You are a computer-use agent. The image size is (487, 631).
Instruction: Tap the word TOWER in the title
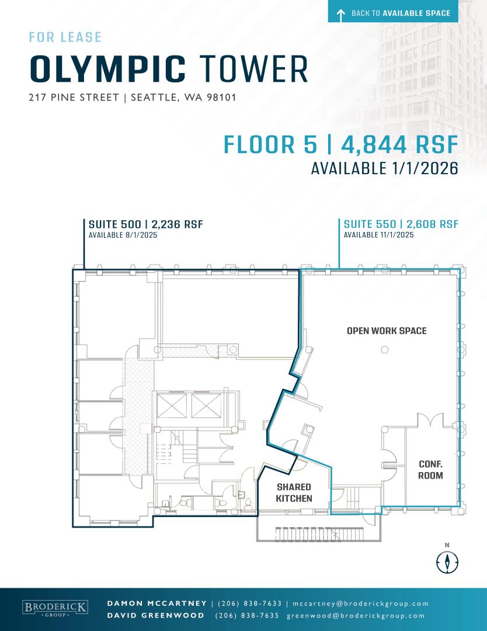254,70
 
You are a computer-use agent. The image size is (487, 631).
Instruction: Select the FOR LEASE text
65,37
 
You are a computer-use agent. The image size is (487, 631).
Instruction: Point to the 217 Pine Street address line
133,98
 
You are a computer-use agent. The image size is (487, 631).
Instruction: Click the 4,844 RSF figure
400,145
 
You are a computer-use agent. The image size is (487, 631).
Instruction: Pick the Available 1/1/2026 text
385,168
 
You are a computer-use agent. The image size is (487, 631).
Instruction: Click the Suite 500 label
145,224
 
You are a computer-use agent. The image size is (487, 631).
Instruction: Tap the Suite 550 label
401,224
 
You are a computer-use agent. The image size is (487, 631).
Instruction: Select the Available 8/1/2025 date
123,235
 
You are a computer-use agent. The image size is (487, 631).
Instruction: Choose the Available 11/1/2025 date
378,235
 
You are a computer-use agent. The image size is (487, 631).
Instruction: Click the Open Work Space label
387,331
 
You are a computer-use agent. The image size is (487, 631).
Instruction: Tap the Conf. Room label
430,470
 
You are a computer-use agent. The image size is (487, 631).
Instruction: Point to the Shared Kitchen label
294,493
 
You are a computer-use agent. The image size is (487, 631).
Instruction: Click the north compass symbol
447,561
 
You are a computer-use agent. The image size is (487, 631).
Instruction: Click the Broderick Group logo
55,608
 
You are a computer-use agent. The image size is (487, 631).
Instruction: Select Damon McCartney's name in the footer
157,604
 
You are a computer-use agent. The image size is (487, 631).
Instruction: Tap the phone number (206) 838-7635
247,616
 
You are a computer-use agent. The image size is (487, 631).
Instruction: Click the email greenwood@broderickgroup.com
356,616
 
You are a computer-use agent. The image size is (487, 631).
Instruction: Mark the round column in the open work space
385,350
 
